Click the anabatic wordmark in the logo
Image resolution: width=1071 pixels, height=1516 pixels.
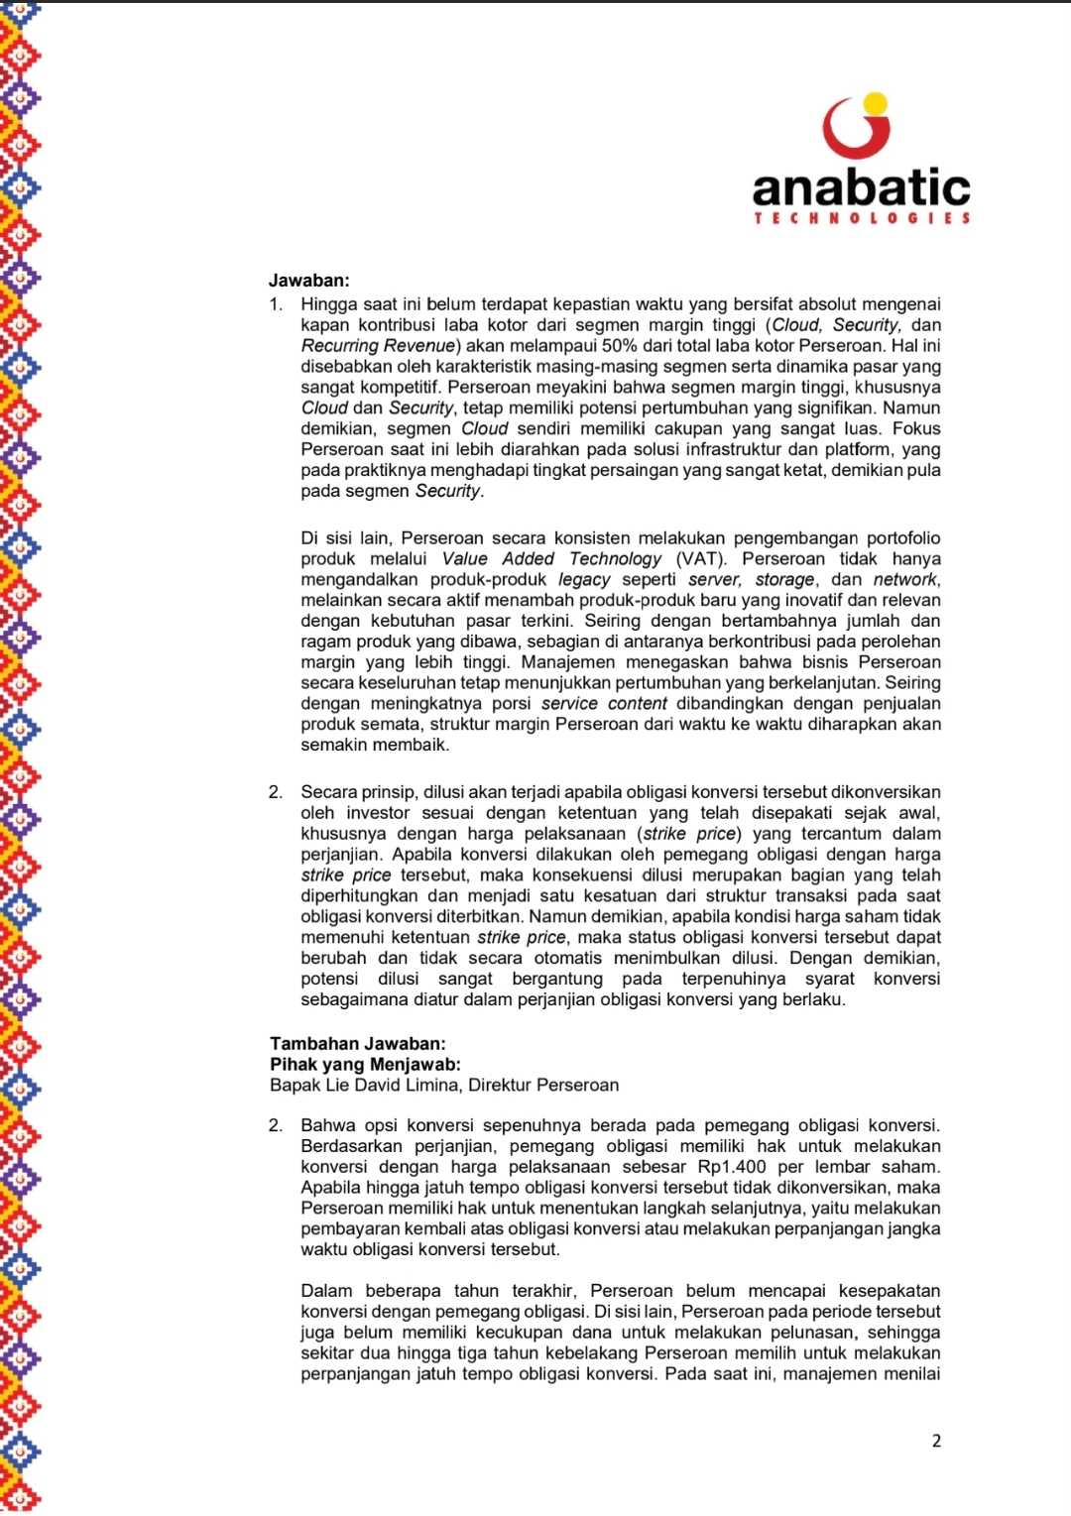pyautogui.click(x=861, y=186)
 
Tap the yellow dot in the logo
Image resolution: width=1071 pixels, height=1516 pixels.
pyautogui.click(x=875, y=102)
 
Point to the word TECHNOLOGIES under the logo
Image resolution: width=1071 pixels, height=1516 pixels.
pyautogui.click(x=862, y=218)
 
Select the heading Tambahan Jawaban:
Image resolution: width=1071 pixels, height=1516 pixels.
pyautogui.click(x=357, y=1043)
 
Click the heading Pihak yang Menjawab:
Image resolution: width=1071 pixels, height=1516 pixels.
pyautogui.click(x=365, y=1064)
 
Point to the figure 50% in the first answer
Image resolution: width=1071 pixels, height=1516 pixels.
pyautogui.click(x=621, y=346)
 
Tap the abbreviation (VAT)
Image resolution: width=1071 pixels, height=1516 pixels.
pyautogui.click(x=700, y=559)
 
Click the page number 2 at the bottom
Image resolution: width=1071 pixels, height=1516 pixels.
pyautogui.click(x=936, y=1441)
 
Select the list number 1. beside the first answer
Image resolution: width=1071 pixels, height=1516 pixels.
pyautogui.click(x=276, y=304)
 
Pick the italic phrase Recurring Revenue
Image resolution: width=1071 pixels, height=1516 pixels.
pyautogui.click(x=378, y=346)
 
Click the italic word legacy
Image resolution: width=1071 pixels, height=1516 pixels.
pyautogui.click(x=584, y=580)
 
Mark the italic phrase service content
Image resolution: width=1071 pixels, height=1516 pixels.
pyautogui.click(x=604, y=704)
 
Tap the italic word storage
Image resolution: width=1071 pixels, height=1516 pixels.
pyautogui.click(x=784, y=580)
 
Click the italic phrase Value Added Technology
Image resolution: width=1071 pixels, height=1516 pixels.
pyautogui.click(x=551, y=559)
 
